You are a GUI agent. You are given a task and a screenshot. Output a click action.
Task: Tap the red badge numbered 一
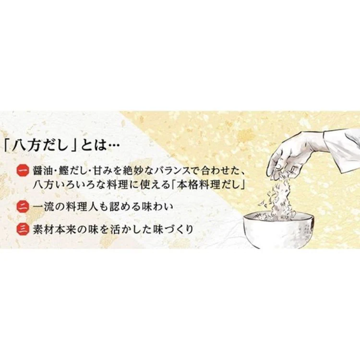(x=23, y=170)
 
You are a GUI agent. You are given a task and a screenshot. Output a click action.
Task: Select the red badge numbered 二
(x=23, y=206)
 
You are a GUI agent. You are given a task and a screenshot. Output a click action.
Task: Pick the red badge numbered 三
(x=23, y=229)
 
